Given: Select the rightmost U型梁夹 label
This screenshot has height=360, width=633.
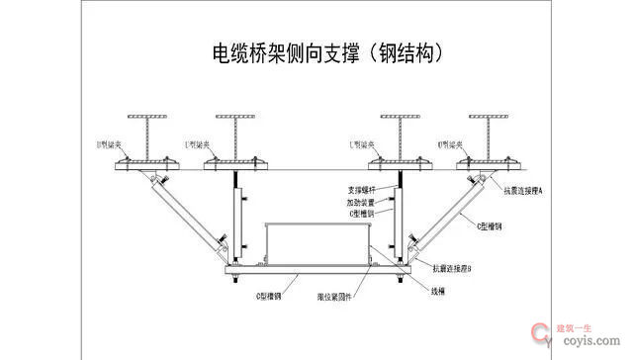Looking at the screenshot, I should click(x=452, y=144).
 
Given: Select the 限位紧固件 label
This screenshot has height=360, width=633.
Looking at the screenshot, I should click(x=335, y=295).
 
